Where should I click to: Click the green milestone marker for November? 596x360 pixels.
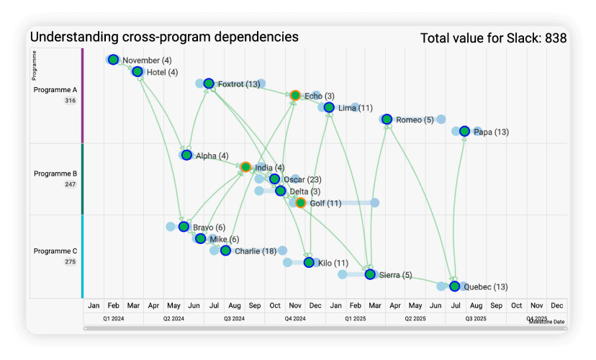pyautogui.click(x=113, y=60)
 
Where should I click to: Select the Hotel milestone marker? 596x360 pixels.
pyautogui.click(x=137, y=71)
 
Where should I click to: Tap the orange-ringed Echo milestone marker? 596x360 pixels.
pyautogui.click(x=295, y=95)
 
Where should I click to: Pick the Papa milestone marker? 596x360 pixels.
pyautogui.click(x=464, y=131)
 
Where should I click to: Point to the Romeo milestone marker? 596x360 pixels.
pyautogui.click(x=387, y=119)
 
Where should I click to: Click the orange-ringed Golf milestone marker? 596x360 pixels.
pyautogui.click(x=301, y=203)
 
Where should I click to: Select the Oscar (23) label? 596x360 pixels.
pyautogui.click(x=302, y=179)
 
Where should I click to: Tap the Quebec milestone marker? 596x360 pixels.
pyautogui.click(x=454, y=287)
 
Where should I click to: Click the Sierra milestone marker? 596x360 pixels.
pyautogui.click(x=370, y=274)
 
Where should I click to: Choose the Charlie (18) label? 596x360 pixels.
pyautogui.click(x=256, y=251)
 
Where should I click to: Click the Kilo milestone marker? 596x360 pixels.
pyautogui.click(x=309, y=263)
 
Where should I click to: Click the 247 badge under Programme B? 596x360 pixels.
pyautogui.click(x=70, y=184)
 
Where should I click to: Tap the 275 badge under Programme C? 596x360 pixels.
pyautogui.click(x=70, y=262)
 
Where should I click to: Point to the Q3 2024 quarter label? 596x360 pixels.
pyautogui.click(x=234, y=318)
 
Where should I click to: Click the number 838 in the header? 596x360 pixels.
pyautogui.click(x=555, y=38)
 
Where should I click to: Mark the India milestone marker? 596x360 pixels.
pyautogui.click(x=245, y=167)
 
